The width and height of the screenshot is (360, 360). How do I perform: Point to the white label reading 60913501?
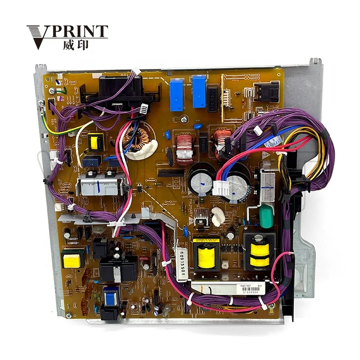182,265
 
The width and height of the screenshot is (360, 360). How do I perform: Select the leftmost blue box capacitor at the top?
177,95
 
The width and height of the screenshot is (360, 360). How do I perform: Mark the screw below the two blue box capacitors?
184,120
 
